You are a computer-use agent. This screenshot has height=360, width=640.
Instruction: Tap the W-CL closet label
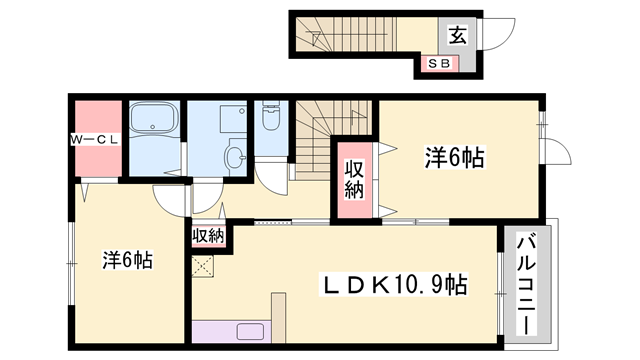click(95, 140)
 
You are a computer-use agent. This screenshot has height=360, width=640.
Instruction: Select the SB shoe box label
click(439, 63)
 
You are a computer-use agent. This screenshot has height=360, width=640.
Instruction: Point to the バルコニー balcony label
click(526, 284)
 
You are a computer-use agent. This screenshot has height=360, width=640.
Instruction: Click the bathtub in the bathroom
click(153, 117)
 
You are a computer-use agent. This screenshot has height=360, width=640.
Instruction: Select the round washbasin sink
click(236, 157)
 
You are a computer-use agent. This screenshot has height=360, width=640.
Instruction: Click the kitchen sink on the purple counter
click(250, 331)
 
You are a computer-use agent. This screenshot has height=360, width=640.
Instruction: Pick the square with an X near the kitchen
click(202, 267)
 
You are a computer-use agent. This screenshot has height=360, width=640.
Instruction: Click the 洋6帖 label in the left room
click(127, 259)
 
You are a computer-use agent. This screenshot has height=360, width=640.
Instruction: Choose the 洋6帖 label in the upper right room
click(455, 157)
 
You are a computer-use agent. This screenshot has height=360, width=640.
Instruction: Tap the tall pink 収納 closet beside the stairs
click(354, 180)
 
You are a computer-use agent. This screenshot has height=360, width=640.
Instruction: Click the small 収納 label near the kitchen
click(208, 236)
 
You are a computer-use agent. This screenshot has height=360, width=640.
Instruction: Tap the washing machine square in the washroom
click(233, 119)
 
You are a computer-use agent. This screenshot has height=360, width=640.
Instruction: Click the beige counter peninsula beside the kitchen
click(278, 318)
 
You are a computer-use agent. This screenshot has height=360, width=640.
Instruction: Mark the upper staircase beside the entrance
click(346, 34)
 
